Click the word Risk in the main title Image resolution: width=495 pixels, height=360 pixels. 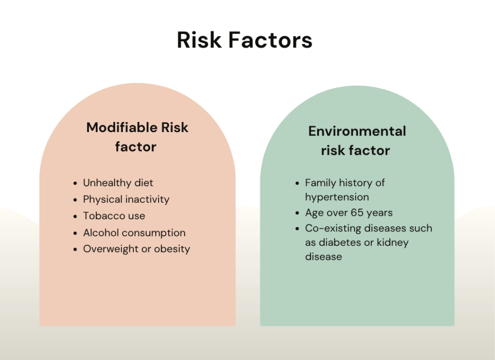coord(199,40)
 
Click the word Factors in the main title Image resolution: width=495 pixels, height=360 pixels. coord(270,40)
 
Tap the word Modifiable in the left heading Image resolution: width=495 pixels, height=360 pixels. coord(122,127)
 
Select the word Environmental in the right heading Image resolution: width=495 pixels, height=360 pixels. coord(357,131)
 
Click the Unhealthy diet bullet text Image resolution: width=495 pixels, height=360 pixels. coord(118,183)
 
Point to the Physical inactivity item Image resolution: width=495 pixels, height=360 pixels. coord(126,199)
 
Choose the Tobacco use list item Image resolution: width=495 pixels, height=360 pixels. coord(114,215)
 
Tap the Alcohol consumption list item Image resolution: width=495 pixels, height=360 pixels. coord(134,233)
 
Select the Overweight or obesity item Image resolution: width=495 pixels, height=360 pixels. coord(137,249)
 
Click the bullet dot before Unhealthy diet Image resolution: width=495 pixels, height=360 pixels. coord(75,183)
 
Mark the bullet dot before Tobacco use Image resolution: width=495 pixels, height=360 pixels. coord(75,216)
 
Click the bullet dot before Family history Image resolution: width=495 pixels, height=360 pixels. coord(297,183)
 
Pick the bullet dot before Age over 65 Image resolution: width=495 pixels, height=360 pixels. coord(297,213)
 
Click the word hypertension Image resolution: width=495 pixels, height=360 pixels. coord(337,197)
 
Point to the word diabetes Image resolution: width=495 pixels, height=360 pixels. coord(340,242)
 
